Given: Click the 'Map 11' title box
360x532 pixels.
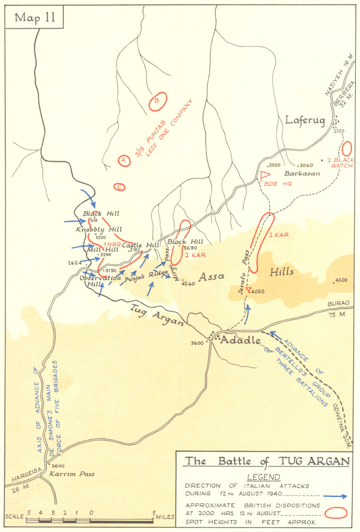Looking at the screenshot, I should (34, 17).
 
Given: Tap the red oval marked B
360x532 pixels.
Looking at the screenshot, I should (157, 101).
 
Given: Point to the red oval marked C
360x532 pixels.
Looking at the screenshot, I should (119, 187).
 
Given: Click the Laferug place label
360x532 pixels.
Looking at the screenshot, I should (305, 120).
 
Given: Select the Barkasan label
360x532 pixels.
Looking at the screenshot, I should (302, 174).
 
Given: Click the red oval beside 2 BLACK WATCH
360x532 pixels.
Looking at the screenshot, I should (347, 148).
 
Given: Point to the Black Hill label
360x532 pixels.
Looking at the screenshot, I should (101, 213).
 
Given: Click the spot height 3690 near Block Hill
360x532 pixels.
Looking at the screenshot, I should (190, 248).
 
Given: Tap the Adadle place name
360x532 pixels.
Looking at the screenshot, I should (241, 340).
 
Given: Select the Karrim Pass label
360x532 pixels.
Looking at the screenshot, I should (72, 474).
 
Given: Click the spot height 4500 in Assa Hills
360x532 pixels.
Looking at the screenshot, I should (341, 280).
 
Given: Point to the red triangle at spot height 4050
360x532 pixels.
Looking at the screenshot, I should (248, 289).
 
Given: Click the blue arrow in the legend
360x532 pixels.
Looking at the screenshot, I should (334, 496).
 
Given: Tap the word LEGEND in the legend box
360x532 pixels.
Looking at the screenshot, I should (263, 477).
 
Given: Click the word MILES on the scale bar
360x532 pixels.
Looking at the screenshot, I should (165, 517).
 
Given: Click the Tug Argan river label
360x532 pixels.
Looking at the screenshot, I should (156, 315).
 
